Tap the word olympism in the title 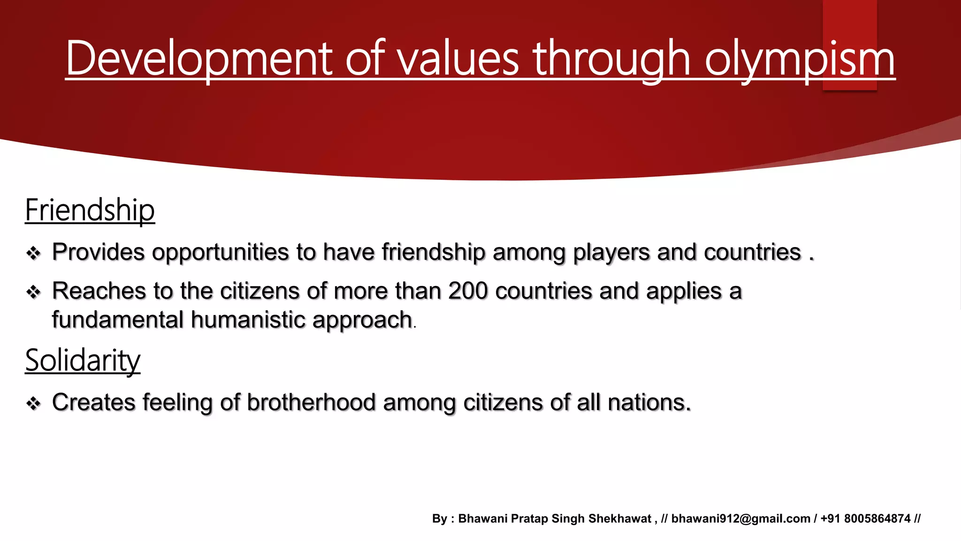coord(800,59)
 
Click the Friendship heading coord(90,210)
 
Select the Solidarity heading coord(83,361)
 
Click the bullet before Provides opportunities coord(33,254)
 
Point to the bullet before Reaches coord(33,292)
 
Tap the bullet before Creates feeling coord(33,403)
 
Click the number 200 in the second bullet coord(468,291)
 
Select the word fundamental coord(117,320)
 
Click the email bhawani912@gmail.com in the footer coord(740,518)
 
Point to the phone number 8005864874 coord(877,518)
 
